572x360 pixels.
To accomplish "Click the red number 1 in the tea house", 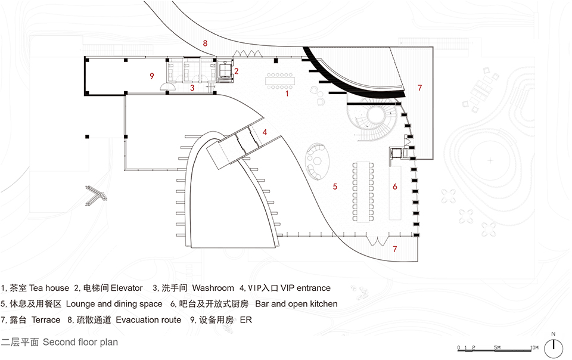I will (287, 94).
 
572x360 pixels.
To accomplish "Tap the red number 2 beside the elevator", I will (237, 71).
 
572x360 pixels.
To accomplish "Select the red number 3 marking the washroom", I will (192, 88).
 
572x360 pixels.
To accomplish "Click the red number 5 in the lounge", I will (335, 187).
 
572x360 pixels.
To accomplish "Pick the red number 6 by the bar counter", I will (394, 187).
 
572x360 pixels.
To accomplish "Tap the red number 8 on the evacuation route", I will (205, 44).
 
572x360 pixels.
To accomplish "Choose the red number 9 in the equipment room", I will (152, 76).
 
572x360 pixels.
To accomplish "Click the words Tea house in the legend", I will (48, 288).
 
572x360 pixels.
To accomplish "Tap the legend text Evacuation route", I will (148, 320).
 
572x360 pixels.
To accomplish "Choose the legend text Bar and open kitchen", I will (296, 304).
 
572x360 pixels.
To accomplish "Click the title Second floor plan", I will (80, 343).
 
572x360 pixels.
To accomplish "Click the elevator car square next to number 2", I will (225, 70).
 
